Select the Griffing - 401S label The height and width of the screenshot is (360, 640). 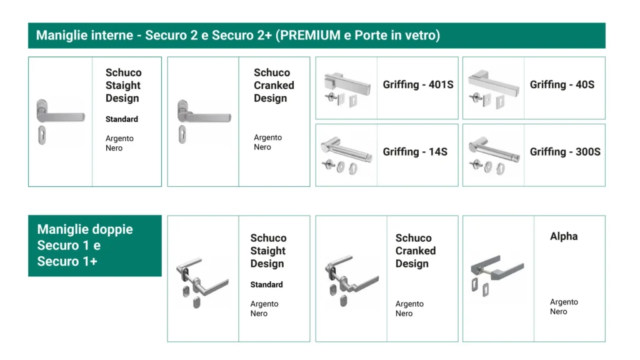pos(418,84)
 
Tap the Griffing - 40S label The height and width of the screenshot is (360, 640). pos(562,84)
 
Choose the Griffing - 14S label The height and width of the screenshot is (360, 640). pos(415,152)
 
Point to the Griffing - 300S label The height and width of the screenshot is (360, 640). pos(565,152)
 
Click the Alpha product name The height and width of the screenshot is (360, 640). pos(564,236)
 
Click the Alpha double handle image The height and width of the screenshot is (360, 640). pos(497,276)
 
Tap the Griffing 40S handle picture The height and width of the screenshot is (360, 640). pos(494,89)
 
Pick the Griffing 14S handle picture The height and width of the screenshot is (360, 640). pos(346,156)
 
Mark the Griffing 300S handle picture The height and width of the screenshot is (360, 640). pos(494,156)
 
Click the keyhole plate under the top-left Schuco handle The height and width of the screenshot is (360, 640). pos(42,135)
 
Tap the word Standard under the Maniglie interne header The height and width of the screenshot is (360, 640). pos(122,119)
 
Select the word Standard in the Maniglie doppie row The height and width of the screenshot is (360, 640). pos(266,284)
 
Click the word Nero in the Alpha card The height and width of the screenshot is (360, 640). pos(558,311)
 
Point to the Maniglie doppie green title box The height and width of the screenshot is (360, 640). pos(95,246)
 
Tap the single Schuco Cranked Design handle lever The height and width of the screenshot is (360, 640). pos(204,114)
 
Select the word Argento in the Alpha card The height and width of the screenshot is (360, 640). pos(564,302)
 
